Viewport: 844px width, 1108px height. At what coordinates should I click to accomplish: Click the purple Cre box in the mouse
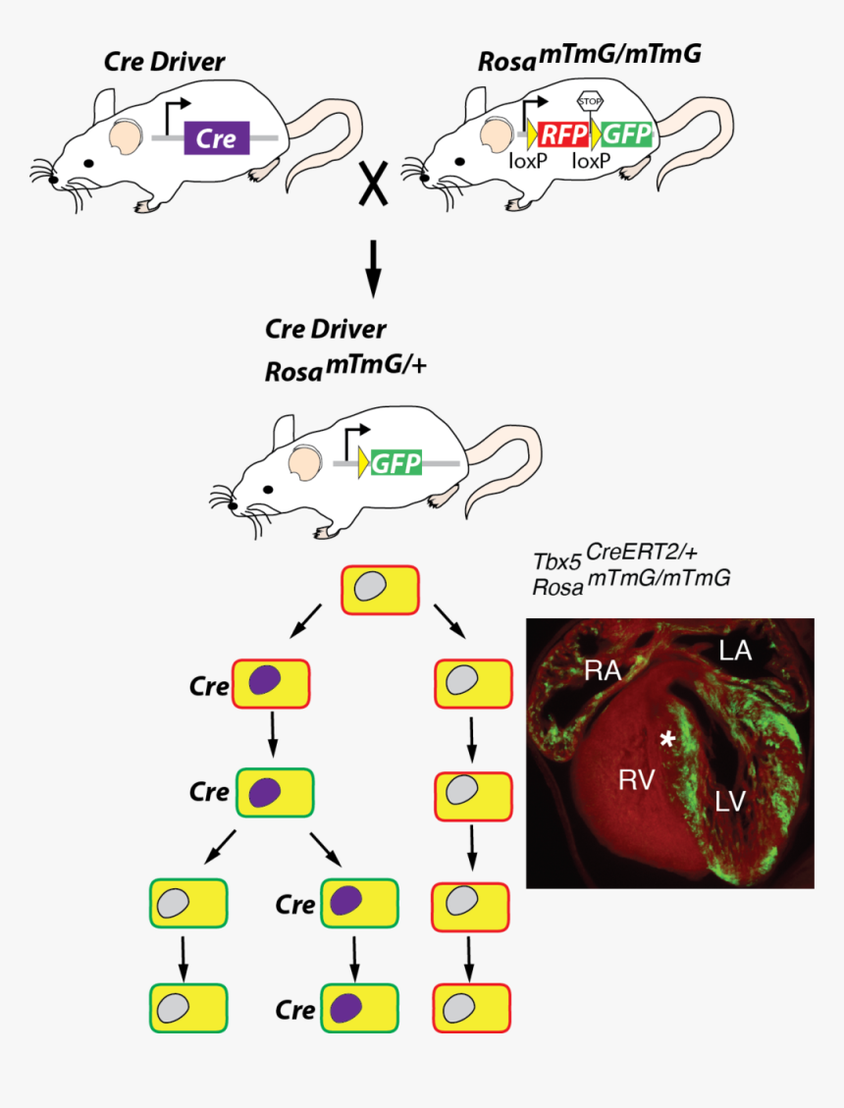[216, 138]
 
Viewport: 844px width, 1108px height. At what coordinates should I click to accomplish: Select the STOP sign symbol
[589, 100]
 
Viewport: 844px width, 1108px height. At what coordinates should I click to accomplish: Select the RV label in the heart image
[637, 780]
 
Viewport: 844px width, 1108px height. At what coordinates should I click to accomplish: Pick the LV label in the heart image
[730, 801]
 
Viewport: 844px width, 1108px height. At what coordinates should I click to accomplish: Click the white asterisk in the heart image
[667, 739]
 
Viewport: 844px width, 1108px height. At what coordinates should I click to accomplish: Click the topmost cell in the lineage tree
[379, 589]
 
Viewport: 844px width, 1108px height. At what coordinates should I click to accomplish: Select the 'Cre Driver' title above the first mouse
[164, 63]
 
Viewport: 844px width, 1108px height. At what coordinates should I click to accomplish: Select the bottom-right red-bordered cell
[472, 1008]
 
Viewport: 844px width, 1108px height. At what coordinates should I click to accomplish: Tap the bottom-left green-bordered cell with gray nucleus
[187, 1008]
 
